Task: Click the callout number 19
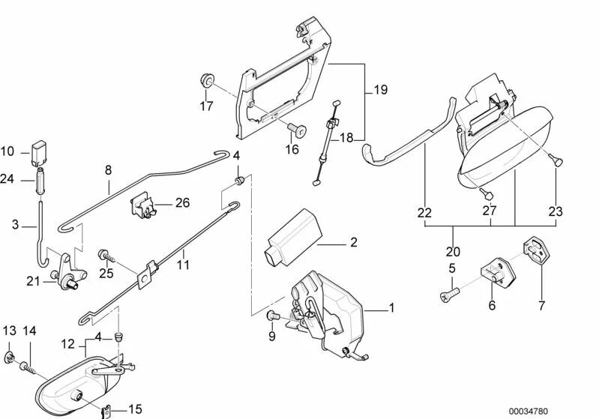[381, 90]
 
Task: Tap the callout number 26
[182, 202]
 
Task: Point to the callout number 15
[136, 409]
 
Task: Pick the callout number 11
[184, 264]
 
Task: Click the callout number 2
[353, 243]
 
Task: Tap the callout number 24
[7, 178]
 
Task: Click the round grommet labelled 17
[205, 80]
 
